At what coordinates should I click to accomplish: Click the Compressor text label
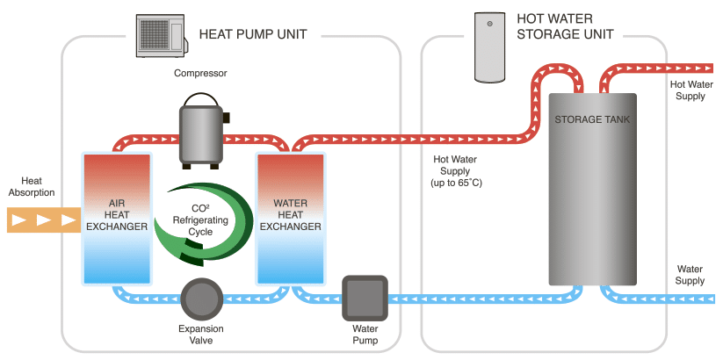pyautogui.click(x=200, y=74)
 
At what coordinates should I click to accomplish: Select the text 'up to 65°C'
pyautogui.click(x=457, y=182)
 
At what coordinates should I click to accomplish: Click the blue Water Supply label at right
pyautogui.click(x=690, y=275)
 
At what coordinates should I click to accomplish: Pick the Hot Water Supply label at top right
pyautogui.click(x=690, y=90)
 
